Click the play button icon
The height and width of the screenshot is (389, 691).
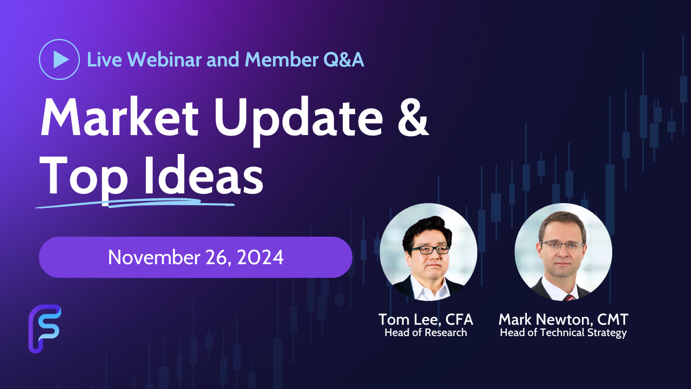pos(59,59)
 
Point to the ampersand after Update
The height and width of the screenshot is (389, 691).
pos(413,117)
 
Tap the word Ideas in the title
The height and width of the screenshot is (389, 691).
pos(204,175)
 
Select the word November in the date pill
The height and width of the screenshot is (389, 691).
pos(154,258)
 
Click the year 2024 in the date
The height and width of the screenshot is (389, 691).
pos(260,258)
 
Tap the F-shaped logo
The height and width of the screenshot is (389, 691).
pos(45,329)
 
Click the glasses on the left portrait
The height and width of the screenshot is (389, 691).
pos(430,249)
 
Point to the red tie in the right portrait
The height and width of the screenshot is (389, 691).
pos(569,298)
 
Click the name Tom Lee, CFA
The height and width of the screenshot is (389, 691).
pos(426,319)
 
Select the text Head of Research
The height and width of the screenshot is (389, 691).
pos(426,333)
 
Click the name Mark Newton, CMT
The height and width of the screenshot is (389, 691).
pos(563,319)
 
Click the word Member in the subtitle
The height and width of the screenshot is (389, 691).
pos(282,59)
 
